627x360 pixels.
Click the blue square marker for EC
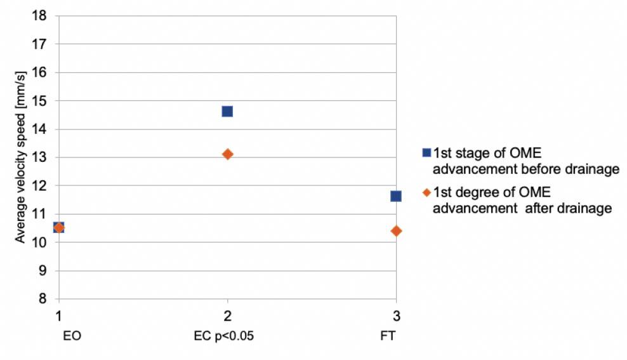(227, 111)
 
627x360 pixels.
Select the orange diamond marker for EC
(227, 154)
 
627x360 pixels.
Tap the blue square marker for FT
(396, 196)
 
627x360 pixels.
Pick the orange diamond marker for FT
(396, 230)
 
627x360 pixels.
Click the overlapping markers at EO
(58, 227)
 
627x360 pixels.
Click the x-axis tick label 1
(58, 316)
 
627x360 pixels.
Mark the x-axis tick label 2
(227, 316)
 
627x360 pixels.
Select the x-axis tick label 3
(396, 316)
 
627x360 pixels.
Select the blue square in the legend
(426, 152)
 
